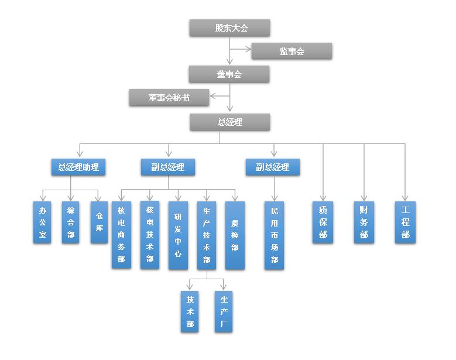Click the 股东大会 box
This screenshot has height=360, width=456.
tap(229, 28)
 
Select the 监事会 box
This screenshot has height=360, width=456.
tap(292, 52)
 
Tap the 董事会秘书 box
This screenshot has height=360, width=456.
tap(169, 98)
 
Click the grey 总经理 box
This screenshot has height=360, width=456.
tap(229, 122)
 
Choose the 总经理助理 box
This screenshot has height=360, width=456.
tap(78, 167)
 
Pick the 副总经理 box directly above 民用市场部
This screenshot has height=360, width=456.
tap(272, 167)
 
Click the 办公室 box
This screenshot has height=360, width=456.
tap(42, 222)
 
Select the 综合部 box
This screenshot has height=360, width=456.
tap(70, 222)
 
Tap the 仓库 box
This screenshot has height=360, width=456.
tap(99, 222)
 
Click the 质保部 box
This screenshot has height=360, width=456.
tap(323, 222)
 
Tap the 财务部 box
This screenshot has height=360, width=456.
tap(364, 222)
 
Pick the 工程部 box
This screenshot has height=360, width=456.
tap(405, 222)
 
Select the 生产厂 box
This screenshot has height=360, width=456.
tap(223, 311)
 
